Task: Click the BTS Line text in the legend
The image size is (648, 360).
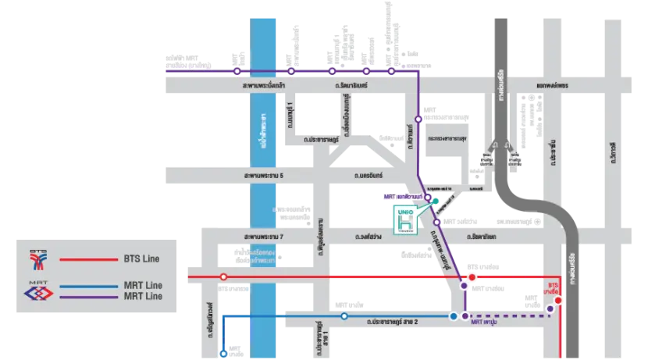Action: click(x=142, y=258)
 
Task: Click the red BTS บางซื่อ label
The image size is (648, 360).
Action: click(x=555, y=287)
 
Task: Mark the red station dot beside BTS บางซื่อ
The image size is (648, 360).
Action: click(x=559, y=299)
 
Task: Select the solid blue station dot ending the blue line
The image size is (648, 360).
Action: click(x=454, y=316)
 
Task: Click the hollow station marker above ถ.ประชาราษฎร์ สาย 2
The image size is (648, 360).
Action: click(x=344, y=316)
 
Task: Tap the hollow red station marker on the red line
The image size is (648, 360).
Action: click(x=224, y=277)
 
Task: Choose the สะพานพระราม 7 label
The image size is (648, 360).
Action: click(x=262, y=236)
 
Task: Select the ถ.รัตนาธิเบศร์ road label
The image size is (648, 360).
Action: click(x=347, y=82)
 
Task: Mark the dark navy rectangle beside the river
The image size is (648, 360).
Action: click(x=236, y=331)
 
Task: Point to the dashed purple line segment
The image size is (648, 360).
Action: click(x=507, y=316)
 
